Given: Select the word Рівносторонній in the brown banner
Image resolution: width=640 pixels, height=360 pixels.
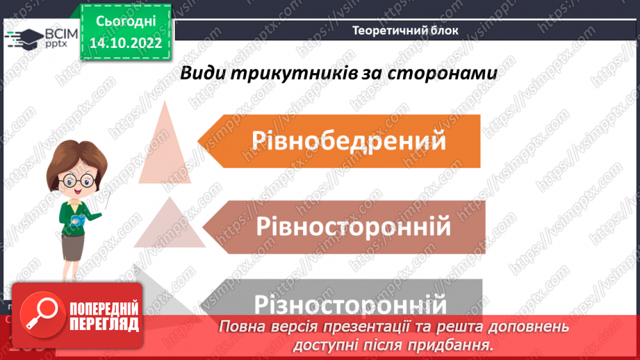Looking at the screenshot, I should [354, 227].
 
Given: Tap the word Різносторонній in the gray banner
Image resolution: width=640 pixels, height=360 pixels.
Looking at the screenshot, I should [350, 304].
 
